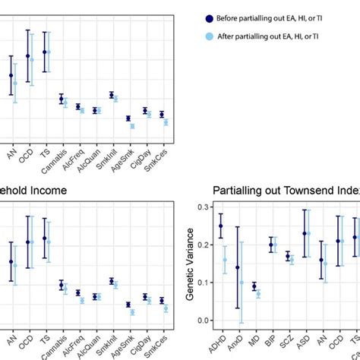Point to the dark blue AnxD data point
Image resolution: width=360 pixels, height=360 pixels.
[x=237, y=267]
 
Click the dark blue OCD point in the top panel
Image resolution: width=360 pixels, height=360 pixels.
[x=28, y=56]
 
